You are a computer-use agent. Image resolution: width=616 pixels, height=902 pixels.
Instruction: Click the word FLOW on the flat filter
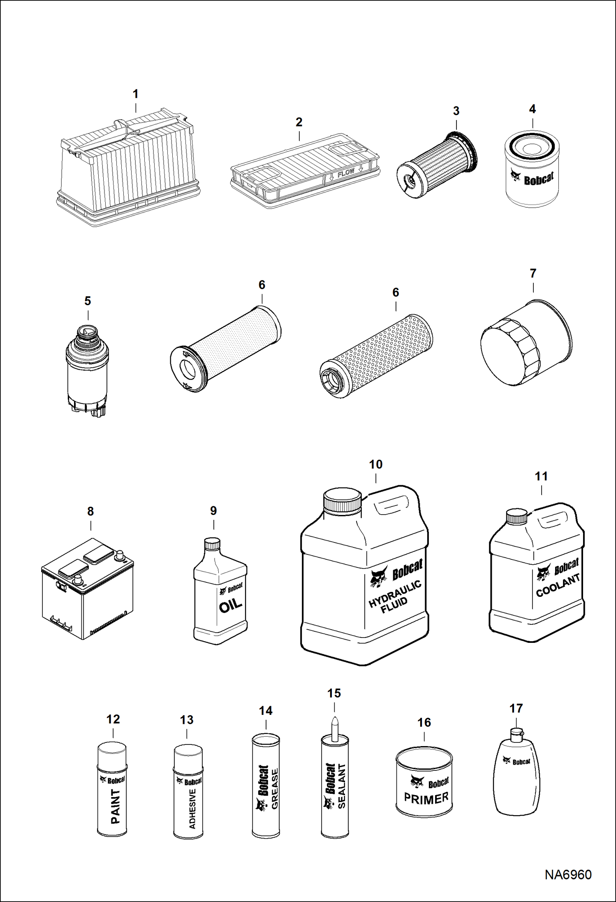click(x=346, y=173)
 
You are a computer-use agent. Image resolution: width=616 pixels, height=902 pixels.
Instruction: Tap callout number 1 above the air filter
click(x=135, y=94)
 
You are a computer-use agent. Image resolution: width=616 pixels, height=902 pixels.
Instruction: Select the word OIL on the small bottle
click(x=230, y=606)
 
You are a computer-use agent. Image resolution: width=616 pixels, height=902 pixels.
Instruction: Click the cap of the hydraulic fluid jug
click(x=342, y=500)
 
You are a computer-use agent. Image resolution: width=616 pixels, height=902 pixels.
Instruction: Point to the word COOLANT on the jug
click(x=558, y=586)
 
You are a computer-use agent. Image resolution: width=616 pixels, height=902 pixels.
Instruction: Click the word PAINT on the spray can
click(x=116, y=806)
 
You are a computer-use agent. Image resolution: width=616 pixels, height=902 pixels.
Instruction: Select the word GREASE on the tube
click(x=275, y=788)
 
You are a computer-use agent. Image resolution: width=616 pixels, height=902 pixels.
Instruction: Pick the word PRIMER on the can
click(x=426, y=798)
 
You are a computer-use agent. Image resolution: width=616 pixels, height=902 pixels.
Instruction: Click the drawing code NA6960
click(x=568, y=874)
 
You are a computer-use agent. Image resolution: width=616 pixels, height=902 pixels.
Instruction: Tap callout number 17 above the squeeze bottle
click(x=516, y=708)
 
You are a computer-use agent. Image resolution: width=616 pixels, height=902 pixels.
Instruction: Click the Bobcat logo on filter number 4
click(x=532, y=178)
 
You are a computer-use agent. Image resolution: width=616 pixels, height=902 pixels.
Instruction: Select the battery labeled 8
click(x=88, y=588)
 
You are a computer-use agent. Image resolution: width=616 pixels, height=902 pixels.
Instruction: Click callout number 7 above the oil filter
click(x=533, y=274)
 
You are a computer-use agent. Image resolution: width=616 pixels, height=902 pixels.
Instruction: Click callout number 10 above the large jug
click(x=375, y=464)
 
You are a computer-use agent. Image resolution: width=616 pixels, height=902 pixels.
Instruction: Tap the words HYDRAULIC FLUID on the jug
click(x=394, y=597)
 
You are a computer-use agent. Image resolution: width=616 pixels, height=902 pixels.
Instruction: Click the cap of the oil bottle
click(x=212, y=544)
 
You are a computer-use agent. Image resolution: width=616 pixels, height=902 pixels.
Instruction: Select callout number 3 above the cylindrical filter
click(x=456, y=111)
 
